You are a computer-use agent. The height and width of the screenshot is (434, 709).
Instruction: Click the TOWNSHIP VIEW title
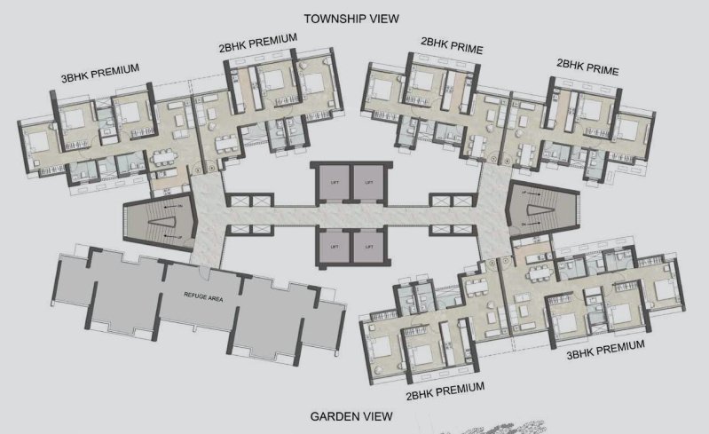[351, 18]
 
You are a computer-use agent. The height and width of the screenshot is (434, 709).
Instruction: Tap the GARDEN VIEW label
[351, 416]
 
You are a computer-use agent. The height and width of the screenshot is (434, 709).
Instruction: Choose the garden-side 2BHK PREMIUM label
[445, 389]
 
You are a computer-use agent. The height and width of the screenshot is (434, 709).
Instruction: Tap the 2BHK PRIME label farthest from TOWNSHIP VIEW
[587, 67]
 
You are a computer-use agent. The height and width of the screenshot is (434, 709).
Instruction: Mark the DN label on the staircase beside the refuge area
[180, 206]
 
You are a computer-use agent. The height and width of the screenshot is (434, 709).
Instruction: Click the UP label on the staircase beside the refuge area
[180, 238]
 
